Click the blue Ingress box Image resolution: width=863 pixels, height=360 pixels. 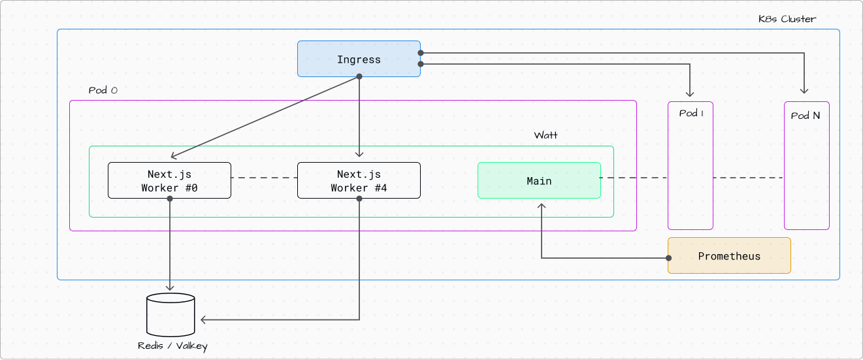click(x=359, y=59)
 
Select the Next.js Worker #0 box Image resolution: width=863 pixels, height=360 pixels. click(x=169, y=180)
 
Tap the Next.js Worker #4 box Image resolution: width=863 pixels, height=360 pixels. click(x=359, y=180)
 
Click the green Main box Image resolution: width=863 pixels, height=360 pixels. click(x=539, y=180)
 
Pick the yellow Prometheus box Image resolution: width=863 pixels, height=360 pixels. click(x=729, y=255)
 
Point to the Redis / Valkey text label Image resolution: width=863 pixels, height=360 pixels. click(x=172, y=346)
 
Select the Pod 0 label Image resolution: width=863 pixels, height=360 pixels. click(x=103, y=90)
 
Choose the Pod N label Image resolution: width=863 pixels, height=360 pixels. click(x=806, y=116)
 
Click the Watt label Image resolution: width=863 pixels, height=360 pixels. click(x=546, y=135)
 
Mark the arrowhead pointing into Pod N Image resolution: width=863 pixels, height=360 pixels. click(x=804, y=91)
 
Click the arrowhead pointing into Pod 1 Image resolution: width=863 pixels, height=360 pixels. click(x=691, y=91)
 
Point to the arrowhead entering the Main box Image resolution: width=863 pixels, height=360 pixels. click(x=541, y=206)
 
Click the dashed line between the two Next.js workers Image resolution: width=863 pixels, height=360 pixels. click(x=264, y=178)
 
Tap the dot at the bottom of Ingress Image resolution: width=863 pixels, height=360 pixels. click(x=359, y=76)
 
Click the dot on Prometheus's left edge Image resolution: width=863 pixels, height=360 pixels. click(x=668, y=258)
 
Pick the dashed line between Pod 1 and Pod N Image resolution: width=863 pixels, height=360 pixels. click(x=748, y=178)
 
